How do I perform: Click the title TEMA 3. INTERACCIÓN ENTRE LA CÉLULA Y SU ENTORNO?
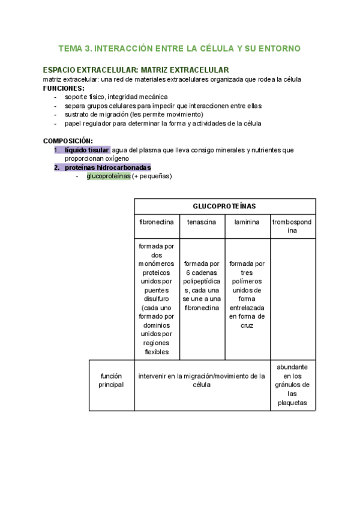pos(179,48)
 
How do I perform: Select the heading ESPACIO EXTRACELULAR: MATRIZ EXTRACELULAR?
pos(136,70)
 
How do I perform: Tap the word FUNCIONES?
pos(64,88)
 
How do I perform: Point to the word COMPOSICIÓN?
pos(68,140)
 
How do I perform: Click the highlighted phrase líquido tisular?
pos(87,149)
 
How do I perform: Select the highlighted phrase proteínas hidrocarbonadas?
pos(107,167)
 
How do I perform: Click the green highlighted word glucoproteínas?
pos(109,176)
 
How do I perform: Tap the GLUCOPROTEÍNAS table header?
pos(224,206)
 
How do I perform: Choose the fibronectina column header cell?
pos(157,221)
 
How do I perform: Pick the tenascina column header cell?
pos(202,221)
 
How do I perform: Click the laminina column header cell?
pos(247,221)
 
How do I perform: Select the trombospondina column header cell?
pos(292,226)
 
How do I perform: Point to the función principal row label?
pos(111,381)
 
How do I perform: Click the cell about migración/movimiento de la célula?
pos(202,381)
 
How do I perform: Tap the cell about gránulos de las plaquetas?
pos(292,385)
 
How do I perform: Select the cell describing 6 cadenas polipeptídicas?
pos(202,286)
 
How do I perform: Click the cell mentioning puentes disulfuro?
pos(157,298)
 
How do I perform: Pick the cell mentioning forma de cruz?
pos(247,294)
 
